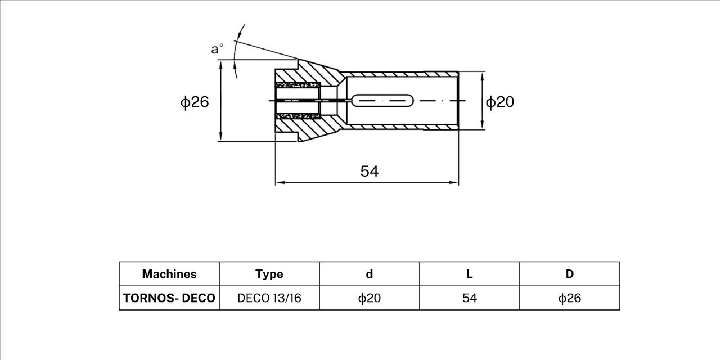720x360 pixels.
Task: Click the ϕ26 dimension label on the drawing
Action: coord(195,102)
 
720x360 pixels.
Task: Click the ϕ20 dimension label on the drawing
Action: coord(500,102)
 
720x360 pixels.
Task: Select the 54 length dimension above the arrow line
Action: coord(370,172)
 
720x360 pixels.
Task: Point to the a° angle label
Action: coord(217,49)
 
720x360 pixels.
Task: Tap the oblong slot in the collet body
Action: coord(383,101)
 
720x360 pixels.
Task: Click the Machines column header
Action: coord(169,274)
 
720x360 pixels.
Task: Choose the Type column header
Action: coord(269,274)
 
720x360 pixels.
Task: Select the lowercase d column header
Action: coord(370,274)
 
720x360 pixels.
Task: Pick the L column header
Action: coord(470,274)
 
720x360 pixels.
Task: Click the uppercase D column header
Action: coord(570,274)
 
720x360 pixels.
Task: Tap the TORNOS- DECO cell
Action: coord(169,298)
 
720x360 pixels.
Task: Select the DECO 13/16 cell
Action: coord(269,298)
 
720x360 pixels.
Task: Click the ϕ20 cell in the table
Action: coord(370,298)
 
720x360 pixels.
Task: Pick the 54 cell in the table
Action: coord(470,298)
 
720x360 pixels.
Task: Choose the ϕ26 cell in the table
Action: coord(570,298)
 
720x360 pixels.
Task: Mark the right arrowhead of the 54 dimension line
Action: coord(454,183)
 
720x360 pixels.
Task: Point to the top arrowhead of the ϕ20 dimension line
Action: coord(482,76)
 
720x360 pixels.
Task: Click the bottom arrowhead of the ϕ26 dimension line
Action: coord(220,136)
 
